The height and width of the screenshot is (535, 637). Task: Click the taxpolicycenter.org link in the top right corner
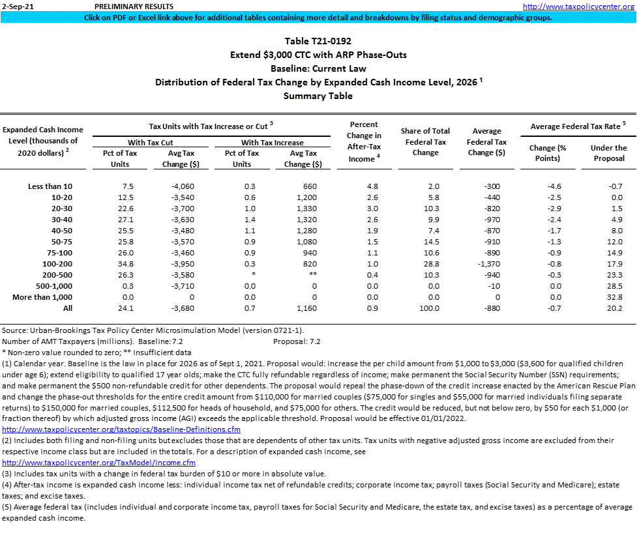(579, 6)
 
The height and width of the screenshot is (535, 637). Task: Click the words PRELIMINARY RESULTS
(126, 6)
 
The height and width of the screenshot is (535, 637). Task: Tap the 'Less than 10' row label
(50, 186)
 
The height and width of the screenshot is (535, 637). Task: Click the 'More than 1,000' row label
(42, 297)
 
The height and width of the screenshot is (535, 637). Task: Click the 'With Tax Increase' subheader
(273, 142)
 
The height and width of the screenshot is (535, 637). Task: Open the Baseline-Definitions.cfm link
(121, 429)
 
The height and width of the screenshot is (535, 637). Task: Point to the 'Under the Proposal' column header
(608, 152)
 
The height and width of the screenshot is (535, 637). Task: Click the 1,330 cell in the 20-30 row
(310, 209)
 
